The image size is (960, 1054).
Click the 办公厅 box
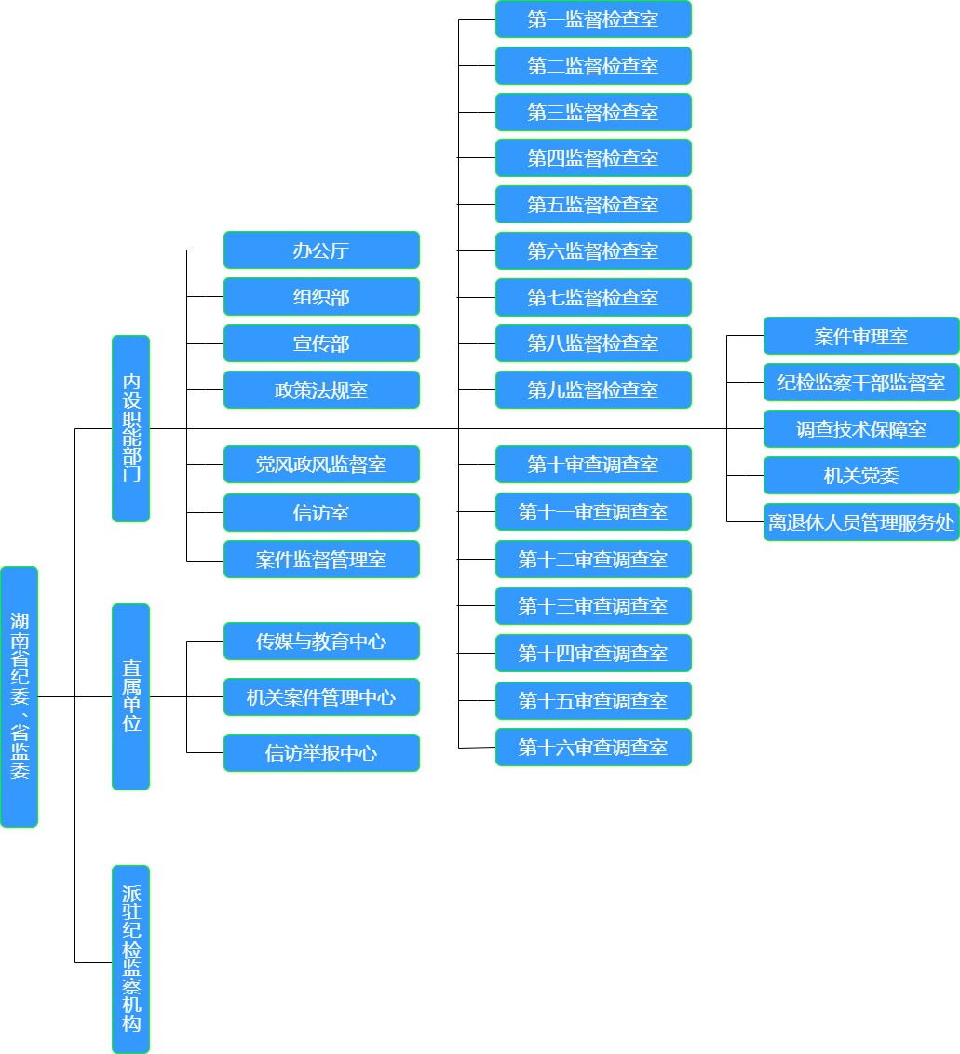pos(321,250)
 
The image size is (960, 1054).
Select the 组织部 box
pos(321,296)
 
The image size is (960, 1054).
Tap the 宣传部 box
pos(321,343)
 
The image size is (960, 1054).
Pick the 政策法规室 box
pos(321,389)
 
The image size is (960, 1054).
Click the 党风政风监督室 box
pos(321,464)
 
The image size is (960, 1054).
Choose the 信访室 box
pos(321,512)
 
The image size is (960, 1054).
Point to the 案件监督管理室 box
pos(321,560)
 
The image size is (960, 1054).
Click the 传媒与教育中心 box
pos(321,642)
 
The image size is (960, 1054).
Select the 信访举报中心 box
pos(321,753)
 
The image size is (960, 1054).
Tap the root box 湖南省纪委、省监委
pos(19,697)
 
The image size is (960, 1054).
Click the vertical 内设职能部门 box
pos(130,429)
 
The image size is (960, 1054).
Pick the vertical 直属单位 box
pos(130,697)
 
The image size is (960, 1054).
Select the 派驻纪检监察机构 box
pos(130,959)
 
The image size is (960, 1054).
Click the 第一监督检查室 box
pos(594,19)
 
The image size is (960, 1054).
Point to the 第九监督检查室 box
pos(594,389)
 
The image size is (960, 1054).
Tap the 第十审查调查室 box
pos(594,464)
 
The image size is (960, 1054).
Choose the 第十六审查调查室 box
pos(594,747)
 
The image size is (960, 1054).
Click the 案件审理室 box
pos(861,335)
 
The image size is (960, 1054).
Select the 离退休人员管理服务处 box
pos(861,521)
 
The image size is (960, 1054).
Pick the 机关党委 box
pos(861,475)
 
